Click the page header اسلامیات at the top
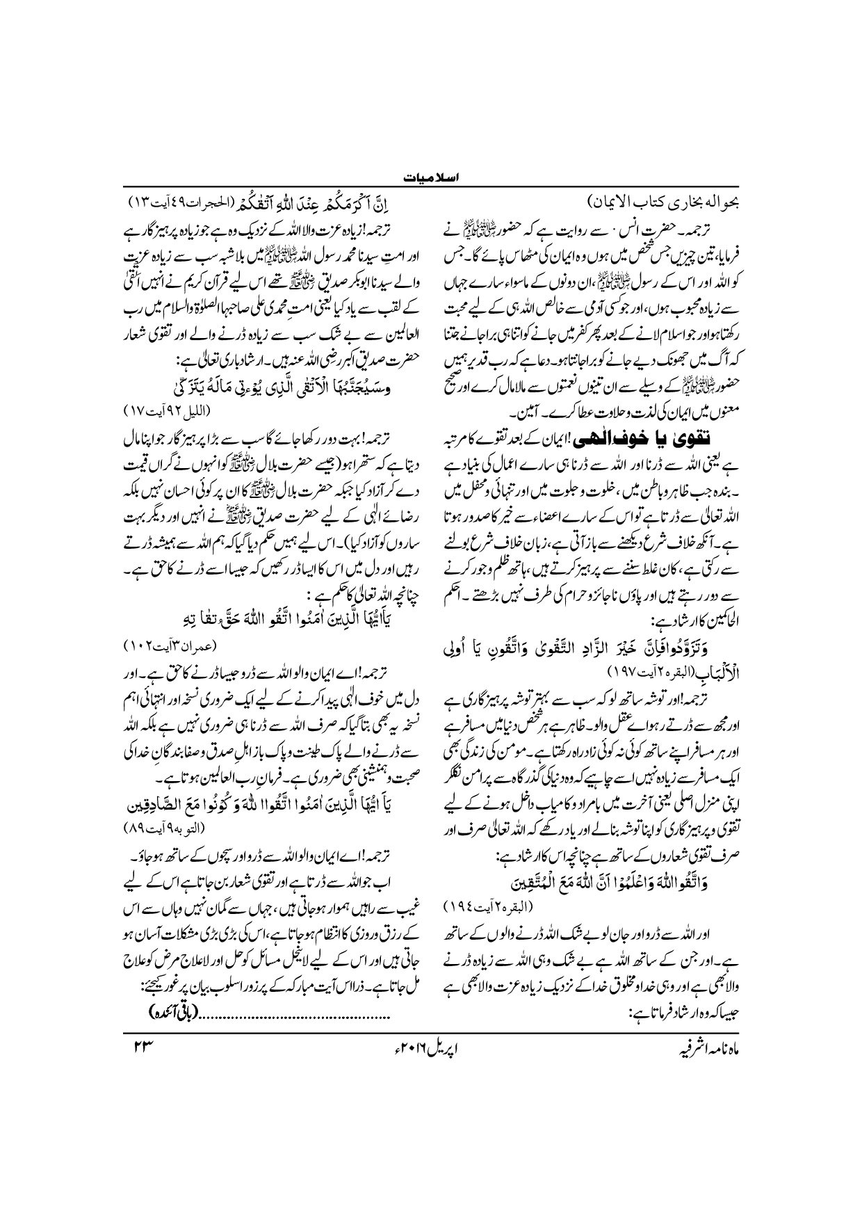click(x=430, y=179)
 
